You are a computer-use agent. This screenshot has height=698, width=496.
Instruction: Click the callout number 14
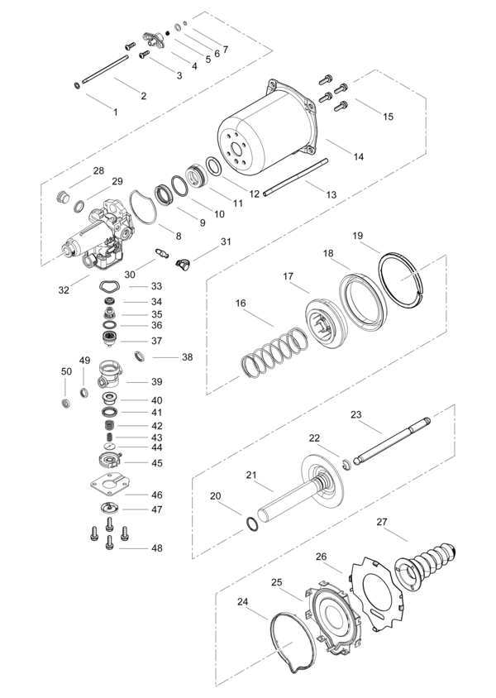(x=359, y=156)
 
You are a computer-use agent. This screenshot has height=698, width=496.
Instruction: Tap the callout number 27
(x=382, y=522)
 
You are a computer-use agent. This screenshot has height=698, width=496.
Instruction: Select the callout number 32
(x=64, y=289)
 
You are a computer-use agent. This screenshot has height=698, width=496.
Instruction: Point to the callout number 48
(x=156, y=548)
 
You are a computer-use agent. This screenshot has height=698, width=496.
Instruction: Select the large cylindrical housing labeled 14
(x=267, y=130)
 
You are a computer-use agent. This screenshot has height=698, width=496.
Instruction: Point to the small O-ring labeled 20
(x=251, y=523)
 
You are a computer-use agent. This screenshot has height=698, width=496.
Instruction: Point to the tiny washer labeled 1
(x=77, y=84)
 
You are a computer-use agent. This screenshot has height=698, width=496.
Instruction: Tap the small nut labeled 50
(x=66, y=404)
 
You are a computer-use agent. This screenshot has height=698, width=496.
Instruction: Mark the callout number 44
(x=156, y=447)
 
